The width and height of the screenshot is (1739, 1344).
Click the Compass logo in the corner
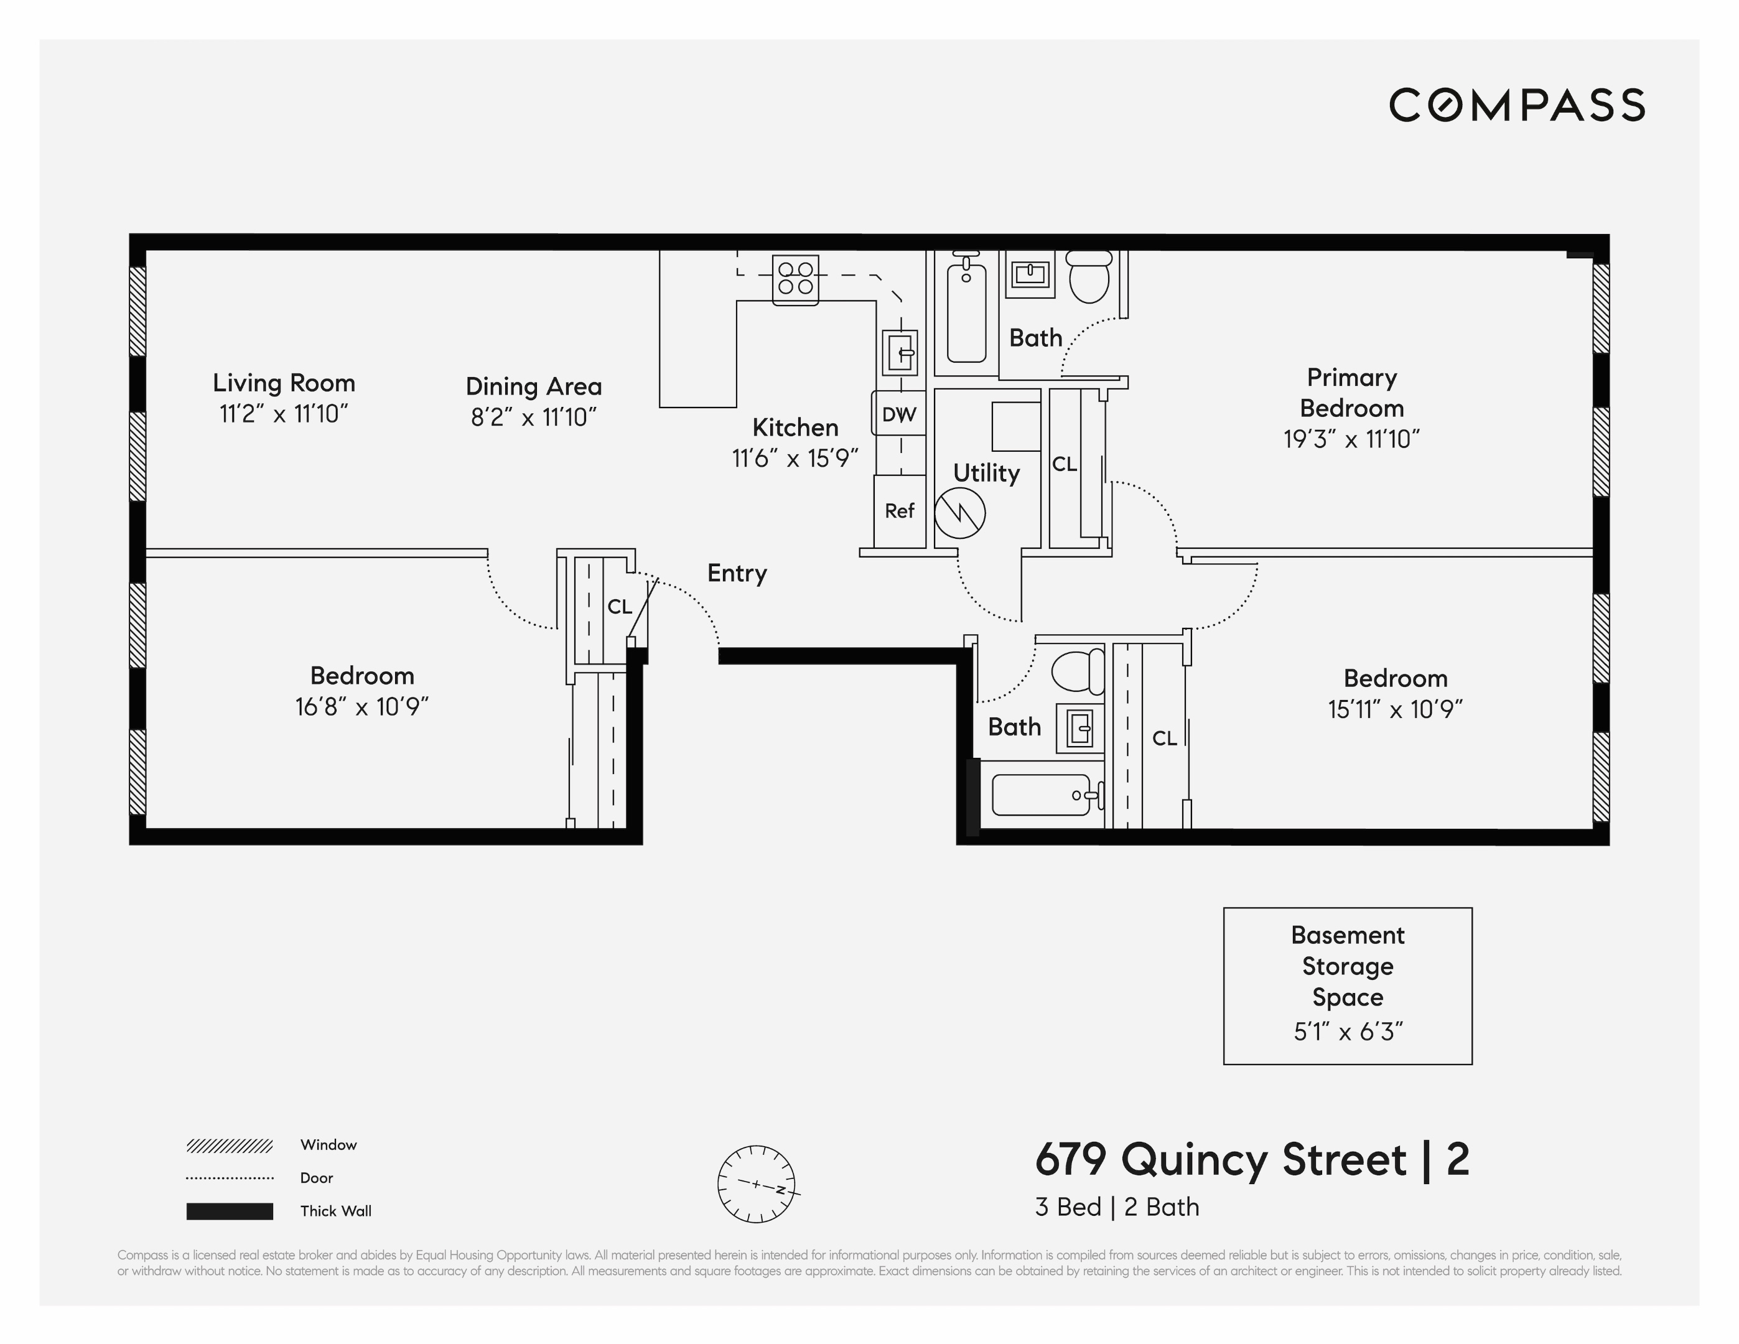1516,105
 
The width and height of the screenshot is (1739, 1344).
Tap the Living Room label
284,383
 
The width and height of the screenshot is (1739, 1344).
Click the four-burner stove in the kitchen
795,279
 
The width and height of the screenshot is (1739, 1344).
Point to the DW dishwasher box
899,413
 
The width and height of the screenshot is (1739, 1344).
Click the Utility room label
986,473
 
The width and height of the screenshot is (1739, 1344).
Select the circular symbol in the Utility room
959,513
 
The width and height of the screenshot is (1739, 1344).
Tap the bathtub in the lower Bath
1041,795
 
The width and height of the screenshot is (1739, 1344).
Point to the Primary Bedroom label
1351,393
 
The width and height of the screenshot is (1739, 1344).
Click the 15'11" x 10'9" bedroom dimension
1395,709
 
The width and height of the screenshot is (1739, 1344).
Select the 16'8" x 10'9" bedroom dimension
361,707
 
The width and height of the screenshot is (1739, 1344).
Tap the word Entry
737,573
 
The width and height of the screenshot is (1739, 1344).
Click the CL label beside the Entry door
620,607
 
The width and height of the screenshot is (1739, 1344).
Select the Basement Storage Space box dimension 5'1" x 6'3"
1347,1032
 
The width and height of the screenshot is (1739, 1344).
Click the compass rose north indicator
781,1190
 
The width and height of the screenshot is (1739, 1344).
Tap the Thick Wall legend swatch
230,1211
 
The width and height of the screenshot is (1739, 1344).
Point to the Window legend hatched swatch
230,1146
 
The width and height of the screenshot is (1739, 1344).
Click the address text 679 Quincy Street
1220,1159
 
